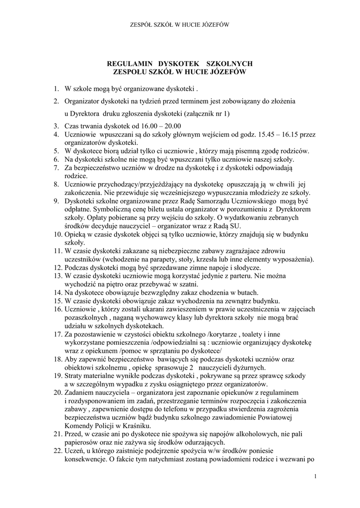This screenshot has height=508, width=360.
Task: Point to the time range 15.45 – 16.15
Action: pyautogui.click(x=280, y=134)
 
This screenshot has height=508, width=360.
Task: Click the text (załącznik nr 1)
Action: pyautogui.click(x=205, y=114)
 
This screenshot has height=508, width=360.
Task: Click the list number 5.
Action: pyautogui.click(x=58, y=150)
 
